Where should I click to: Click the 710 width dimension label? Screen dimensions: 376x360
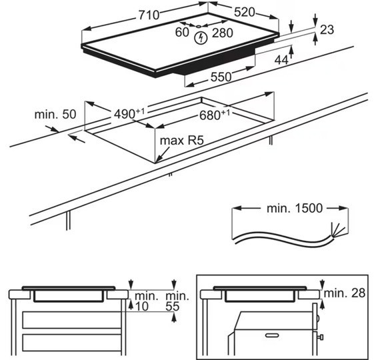[149, 15]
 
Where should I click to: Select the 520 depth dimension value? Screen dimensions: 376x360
[245, 12]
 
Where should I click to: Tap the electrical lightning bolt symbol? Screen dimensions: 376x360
[201, 39]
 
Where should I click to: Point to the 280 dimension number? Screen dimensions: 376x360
[222, 33]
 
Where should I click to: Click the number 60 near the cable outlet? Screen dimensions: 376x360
[182, 32]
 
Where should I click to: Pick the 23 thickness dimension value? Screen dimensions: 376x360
[327, 29]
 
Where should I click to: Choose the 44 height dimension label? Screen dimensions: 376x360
[281, 60]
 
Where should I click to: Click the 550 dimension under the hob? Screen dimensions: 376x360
[221, 77]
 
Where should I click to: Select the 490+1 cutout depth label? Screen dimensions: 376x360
[129, 113]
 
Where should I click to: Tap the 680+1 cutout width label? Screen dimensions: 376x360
[215, 115]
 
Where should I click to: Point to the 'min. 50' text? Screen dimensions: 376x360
[55, 115]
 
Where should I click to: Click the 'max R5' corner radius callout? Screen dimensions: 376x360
[182, 140]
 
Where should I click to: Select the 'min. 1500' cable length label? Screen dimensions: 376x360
[295, 208]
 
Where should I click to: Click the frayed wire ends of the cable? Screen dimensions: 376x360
[337, 230]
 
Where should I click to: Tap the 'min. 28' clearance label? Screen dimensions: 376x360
[345, 293]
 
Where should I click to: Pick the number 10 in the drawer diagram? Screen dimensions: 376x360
[142, 307]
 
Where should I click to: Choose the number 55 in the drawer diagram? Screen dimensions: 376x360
[173, 307]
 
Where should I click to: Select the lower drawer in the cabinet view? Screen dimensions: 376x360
[72, 343]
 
